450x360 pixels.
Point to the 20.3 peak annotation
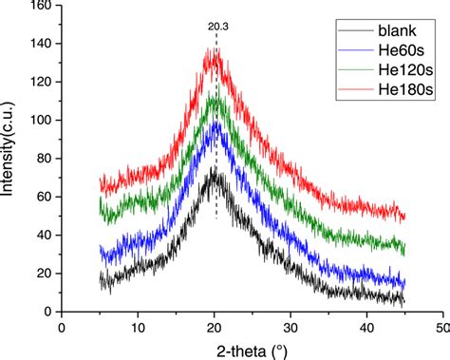tap(217, 27)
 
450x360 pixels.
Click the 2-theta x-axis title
tap(252, 350)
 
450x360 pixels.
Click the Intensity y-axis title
tap(9, 157)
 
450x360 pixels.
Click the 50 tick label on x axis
tap(441, 328)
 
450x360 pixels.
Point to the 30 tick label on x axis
tap(290, 328)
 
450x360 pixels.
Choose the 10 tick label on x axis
tap(137, 328)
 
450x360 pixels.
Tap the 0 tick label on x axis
tap(62, 328)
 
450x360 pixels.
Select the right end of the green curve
tap(403, 249)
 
